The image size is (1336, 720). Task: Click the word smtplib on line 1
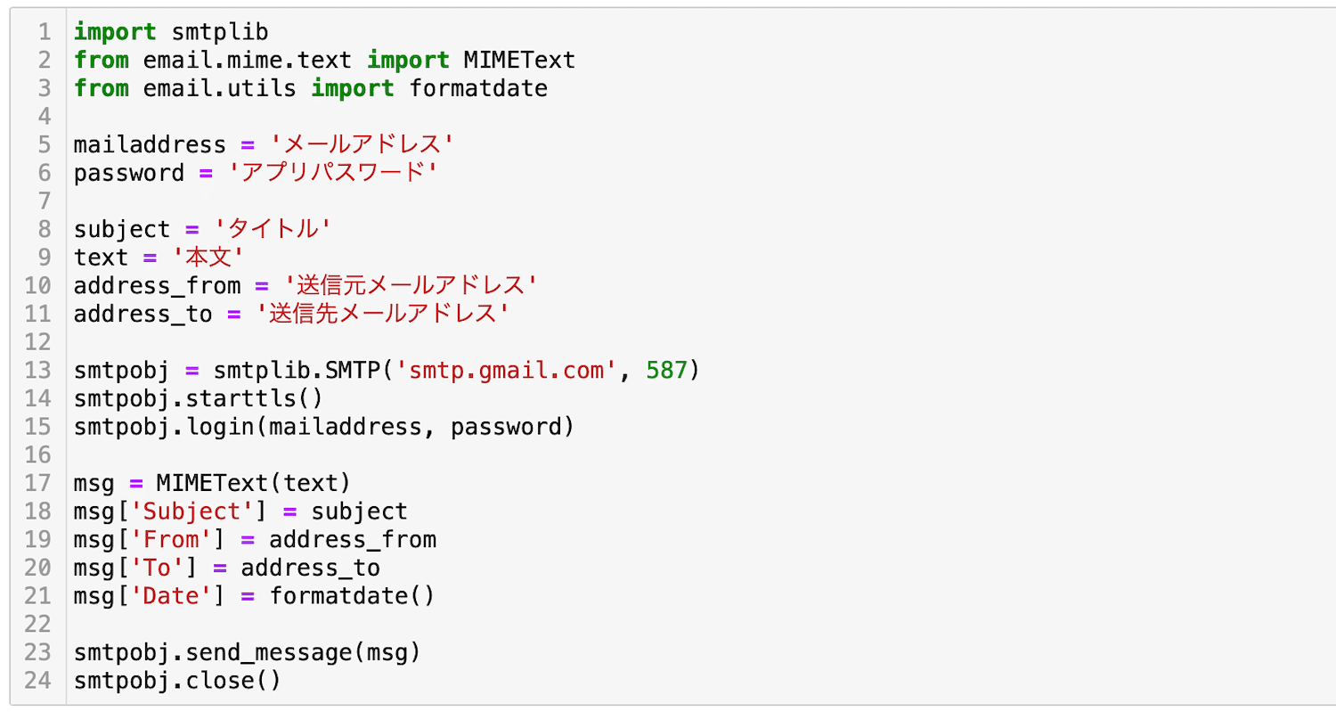[x=220, y=32]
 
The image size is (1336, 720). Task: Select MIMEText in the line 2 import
[x=519, y=61]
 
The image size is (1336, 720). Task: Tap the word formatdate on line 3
[x=478, y=89]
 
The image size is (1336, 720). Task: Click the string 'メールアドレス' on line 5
[x=362, y=145]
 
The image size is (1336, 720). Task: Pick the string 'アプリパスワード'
[x=333, y=173]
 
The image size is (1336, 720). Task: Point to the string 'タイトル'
[x=273, y=229]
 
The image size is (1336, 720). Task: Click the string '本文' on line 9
[x=208, y=258]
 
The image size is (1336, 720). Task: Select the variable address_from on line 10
[x=157, y=286]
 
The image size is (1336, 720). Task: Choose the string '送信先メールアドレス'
[x=382, y=314]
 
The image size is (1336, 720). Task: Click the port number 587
[x=667, y=371]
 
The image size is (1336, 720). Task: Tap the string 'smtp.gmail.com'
[x=506, y=371]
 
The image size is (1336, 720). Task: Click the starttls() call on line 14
[x=255, y=398]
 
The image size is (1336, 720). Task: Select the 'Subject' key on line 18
[x=192, y=511]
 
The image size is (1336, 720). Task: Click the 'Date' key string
[x=171, y=596]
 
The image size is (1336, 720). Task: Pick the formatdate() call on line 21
[x=352, y=596]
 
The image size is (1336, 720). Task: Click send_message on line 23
[x=268, y=652]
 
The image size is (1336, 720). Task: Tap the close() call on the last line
[x=233, y=681]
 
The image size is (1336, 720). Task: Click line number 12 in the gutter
[x=38, y=342]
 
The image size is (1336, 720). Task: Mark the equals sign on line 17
[x=136, y=484]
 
